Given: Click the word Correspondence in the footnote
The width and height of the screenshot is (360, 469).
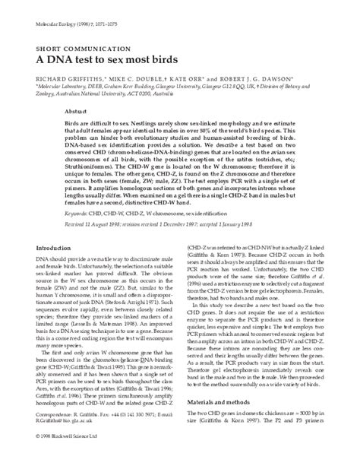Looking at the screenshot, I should [x=44, y=436].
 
